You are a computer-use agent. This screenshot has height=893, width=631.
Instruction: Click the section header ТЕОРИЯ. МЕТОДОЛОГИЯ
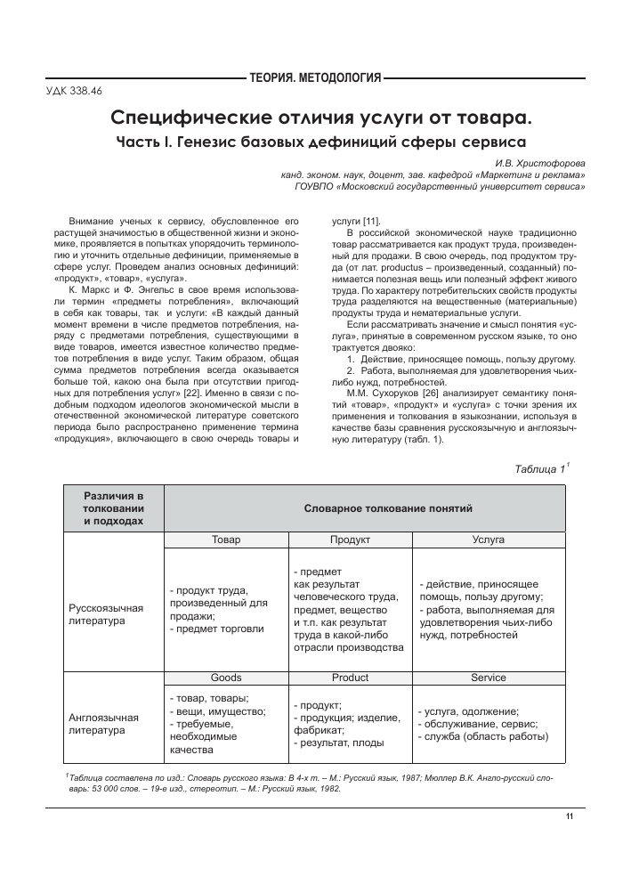[x=316, y=79]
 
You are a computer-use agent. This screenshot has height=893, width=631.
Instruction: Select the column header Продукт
[x=350, y=540]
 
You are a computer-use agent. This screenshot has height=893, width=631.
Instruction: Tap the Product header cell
[x=350, y=678]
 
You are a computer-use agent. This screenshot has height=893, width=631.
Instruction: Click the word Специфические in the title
[x=183, y=117]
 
